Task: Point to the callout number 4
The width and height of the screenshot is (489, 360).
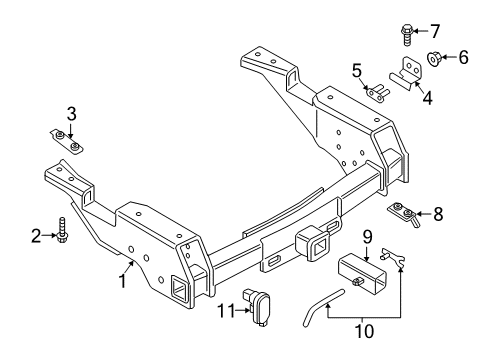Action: pos(427,98)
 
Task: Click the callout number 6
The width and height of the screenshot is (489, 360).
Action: pos(463,58)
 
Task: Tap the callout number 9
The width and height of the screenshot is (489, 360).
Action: pos(367,238)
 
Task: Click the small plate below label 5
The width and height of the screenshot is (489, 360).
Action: pos(377,95)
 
